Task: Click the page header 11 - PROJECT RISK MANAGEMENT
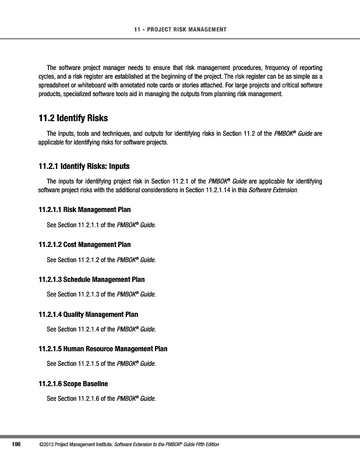[x=179, y=29]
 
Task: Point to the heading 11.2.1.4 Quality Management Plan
[x=92, y=314]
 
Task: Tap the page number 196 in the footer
[x=16, y=445]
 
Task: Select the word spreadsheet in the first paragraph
[x=54, y=85]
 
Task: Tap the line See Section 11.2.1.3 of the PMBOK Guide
[x=101, y=294]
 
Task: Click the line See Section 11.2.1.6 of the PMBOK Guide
[x=101, y=399]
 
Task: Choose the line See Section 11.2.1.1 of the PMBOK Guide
[x=101, y=224]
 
